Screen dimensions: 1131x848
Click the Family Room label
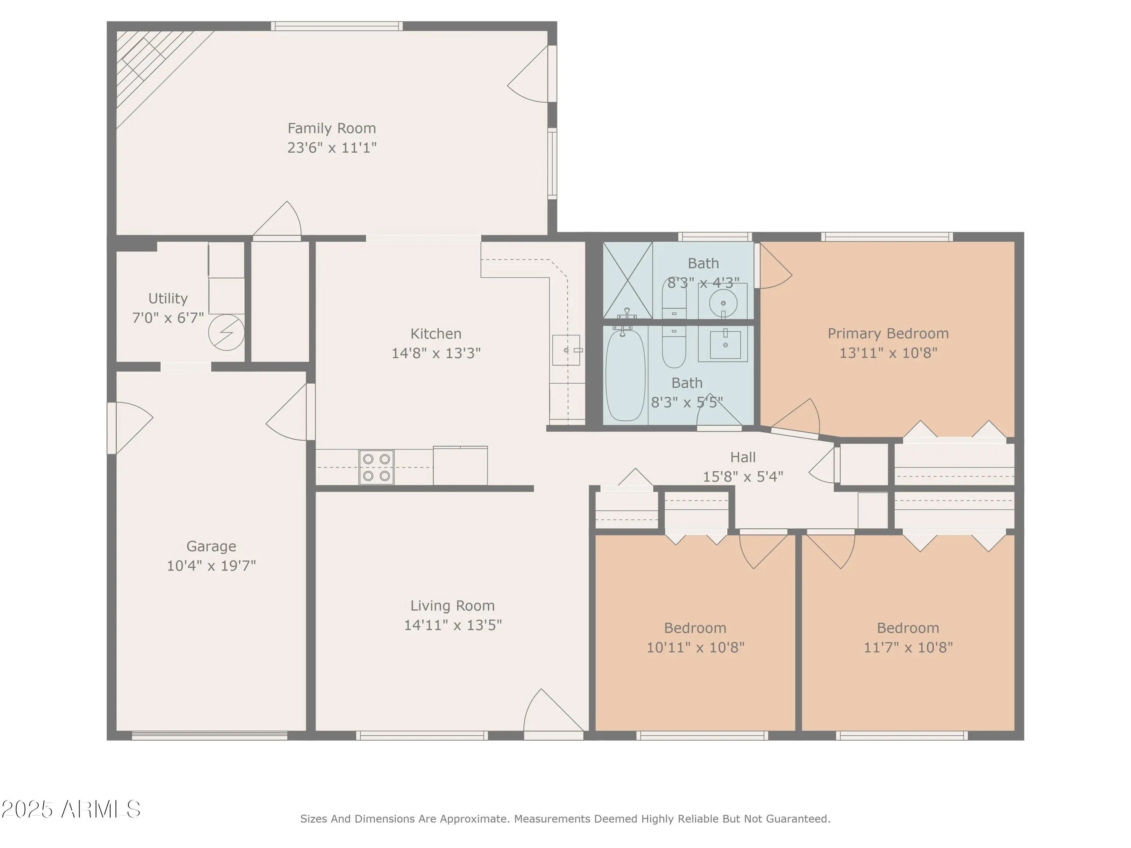pyautogui.click(x=331, y=128)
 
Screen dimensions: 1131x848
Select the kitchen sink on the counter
pyautogui.click(x=566, y=350)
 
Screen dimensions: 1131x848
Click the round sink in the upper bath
pyautogui.click(x=723, y=303)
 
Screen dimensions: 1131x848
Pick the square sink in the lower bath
pyautogui.click(x=725, y=345)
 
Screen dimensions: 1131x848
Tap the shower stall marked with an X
pyautogui.click(x=628, y=280)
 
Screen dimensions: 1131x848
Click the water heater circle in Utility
pyautogui.click(x=226, y=332)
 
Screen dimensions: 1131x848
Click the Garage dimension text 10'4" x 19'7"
pyautogui.click(x=211, y=566)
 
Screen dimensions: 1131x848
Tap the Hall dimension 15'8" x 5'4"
pyautogui.click(x=743, y=477)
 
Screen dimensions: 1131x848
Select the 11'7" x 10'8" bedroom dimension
pyautogui.click(x=908, y=647)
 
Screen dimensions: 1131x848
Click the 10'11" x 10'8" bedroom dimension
pyautogui.click(x=695, y=647)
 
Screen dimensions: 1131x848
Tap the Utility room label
pyautogui.click(x=168, y=298)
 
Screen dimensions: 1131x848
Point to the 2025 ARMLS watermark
pyautogui.click(x=71, y=809)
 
